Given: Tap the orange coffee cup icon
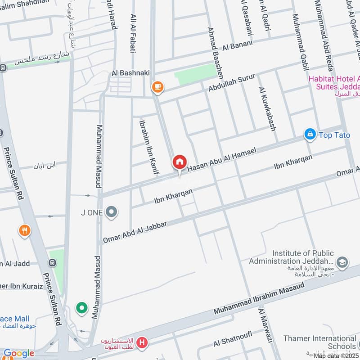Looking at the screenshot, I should (x=157, y=86).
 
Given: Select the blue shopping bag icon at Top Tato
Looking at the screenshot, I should (x=310, y=135).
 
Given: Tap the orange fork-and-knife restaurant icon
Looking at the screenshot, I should (x=25, y=231).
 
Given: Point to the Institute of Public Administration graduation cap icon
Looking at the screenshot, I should (x=342, y=262).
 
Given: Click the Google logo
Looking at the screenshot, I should (x=19, y=353).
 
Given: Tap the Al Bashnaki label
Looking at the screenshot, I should (x=130, y=72).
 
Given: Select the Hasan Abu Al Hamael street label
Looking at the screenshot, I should (x=221, y=160).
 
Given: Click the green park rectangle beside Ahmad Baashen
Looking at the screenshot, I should (x=195, y=74).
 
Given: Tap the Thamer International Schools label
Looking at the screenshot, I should (x=321, y=342).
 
